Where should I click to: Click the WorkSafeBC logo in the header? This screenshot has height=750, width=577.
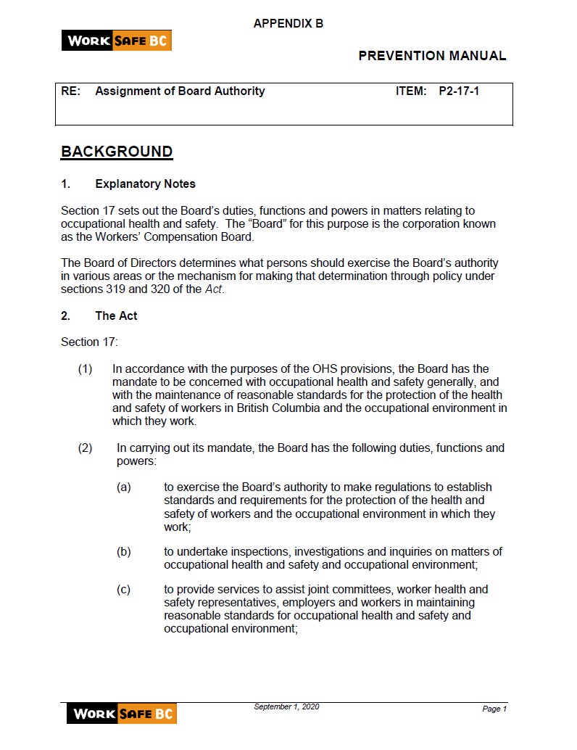click(117, 41)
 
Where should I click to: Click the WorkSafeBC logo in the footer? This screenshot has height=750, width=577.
click(122, 714)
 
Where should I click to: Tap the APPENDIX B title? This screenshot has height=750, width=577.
click(288, 24)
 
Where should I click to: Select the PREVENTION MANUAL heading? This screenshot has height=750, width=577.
click(432, 56)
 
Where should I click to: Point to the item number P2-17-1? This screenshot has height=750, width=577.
click(460, 91)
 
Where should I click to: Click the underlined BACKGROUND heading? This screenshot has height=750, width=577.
click(117, 152)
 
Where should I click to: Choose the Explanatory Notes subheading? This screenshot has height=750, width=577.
click(145, 184)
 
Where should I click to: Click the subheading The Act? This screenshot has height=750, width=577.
click(116, 316)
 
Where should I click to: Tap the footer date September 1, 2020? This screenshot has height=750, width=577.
click(286, 706)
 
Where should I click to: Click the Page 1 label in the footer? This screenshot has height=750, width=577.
click(494, 709)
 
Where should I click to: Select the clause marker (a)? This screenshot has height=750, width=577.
click(124, 487)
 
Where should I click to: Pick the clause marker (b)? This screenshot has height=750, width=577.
click(124, 552)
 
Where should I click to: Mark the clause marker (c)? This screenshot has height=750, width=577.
click(124, 590)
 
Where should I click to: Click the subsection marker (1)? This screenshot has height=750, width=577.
click(86, 369)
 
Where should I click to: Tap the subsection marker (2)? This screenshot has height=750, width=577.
click(86, 448)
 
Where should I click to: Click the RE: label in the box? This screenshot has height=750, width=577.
click(70, 91)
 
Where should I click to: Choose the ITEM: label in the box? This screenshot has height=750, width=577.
click(411, 91)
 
